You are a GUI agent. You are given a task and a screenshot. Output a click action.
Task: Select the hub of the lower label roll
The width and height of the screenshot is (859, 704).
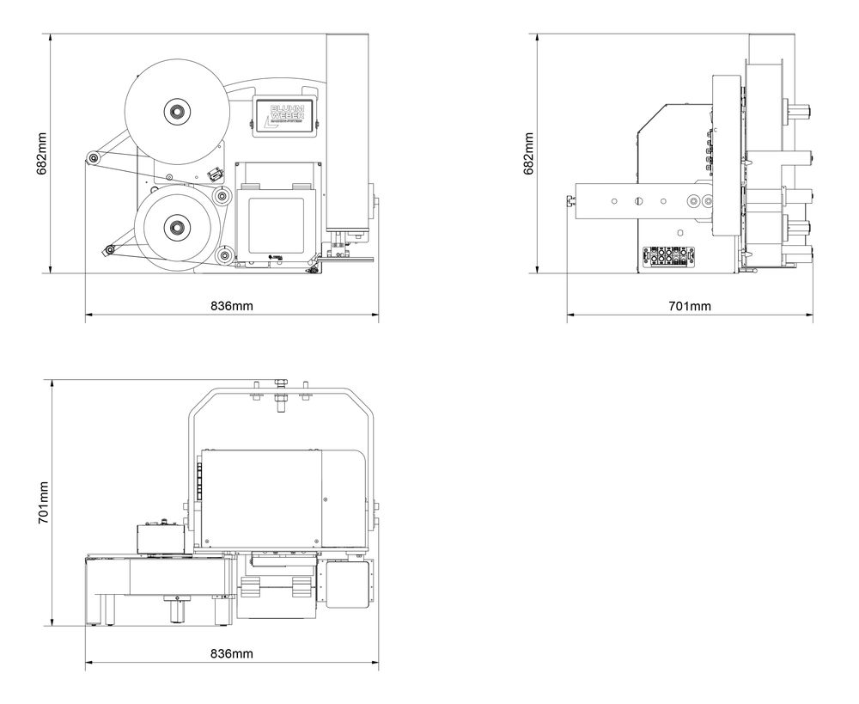point(178,227)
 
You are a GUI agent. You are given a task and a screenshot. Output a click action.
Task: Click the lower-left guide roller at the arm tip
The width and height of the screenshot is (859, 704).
point(109,250)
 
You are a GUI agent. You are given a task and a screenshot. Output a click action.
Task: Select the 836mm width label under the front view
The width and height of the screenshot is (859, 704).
point(232,306)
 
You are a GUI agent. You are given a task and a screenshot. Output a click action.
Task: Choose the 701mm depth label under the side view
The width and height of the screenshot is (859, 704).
point(690,306)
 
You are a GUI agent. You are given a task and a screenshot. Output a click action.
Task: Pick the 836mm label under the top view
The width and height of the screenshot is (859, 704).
point(232,653)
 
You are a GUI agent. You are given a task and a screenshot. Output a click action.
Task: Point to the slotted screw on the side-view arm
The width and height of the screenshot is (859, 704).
point(637,201)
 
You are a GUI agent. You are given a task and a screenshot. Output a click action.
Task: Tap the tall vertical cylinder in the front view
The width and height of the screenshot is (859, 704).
point(347,129)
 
